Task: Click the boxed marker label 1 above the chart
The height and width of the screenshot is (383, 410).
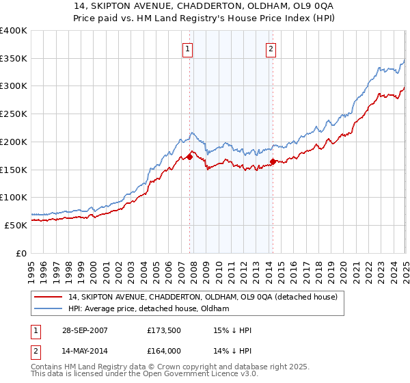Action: tap(187, 49)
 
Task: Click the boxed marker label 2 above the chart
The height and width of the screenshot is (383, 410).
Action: tap(271, 49)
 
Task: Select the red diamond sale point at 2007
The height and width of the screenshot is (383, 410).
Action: tap(190, 157)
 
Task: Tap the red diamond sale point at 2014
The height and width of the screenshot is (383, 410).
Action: tap(273, 162)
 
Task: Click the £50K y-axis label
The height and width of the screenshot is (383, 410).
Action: tap(16, 225)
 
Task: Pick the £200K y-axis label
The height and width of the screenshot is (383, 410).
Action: tap(14, 142)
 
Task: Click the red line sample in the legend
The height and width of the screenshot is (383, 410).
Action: tap(48, 297)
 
